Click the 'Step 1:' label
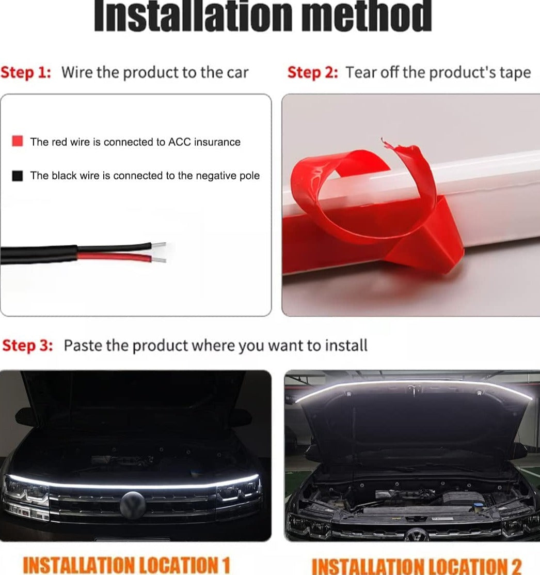(26, 72)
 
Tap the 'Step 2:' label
(312, 72)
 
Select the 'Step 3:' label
(28, 346)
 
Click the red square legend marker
(18, 142)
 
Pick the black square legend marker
(18, 176)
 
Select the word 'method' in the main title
(367, 17)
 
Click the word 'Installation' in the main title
(194, 17)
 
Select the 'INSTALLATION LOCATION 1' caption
(126, 564)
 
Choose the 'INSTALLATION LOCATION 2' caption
(417, 566)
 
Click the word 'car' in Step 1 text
(237, 73)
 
